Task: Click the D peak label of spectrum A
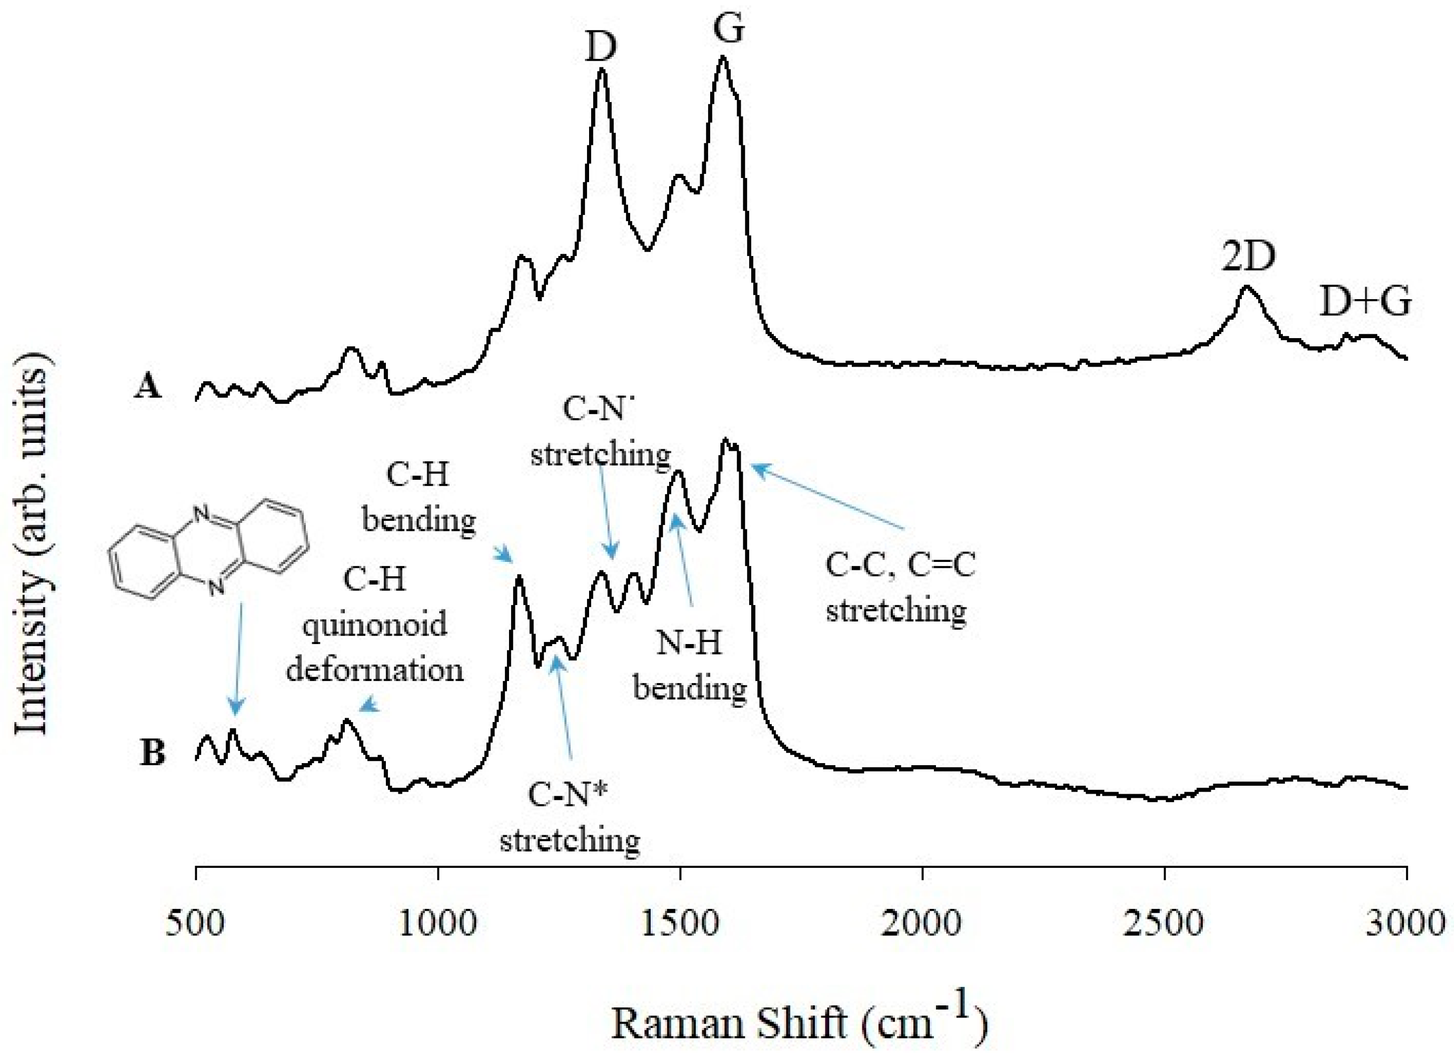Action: [x=600, y=47]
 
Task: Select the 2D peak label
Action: [x=1248, y=257]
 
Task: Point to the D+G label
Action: [x=1366, y=302]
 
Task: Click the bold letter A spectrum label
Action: [x=148, y=386]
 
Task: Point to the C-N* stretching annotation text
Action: [x=569, y=816]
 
